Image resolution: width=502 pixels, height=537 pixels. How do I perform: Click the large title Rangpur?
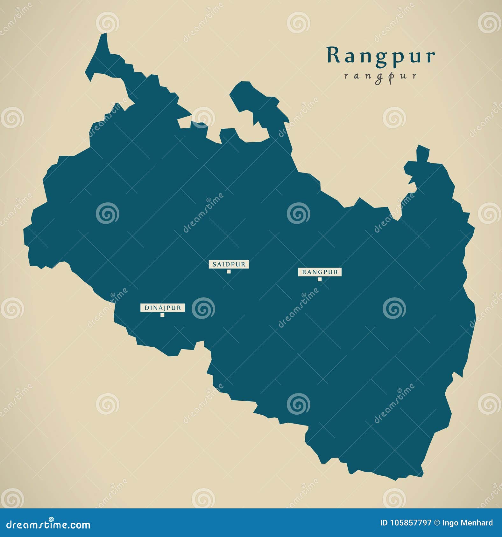coord(381,56)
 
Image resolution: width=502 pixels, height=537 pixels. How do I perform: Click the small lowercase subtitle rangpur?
coord(381,76)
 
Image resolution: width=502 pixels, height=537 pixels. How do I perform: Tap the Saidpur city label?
coord(229,264)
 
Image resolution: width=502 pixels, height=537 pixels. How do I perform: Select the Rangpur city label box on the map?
coord(320,272)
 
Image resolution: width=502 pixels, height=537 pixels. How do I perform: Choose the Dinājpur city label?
coord(162,308)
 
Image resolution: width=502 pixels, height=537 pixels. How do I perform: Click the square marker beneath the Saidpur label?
coord(229,271)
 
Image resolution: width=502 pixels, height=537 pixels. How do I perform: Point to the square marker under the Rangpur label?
coord(320,279)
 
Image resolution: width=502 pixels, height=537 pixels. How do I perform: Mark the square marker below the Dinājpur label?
coord(162,315)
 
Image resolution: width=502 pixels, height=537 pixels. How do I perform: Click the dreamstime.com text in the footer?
coord(48,525)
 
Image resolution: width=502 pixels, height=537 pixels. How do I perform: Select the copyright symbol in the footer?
coord(437,523)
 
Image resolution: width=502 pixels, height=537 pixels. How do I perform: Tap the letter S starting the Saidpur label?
coord(214,264)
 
